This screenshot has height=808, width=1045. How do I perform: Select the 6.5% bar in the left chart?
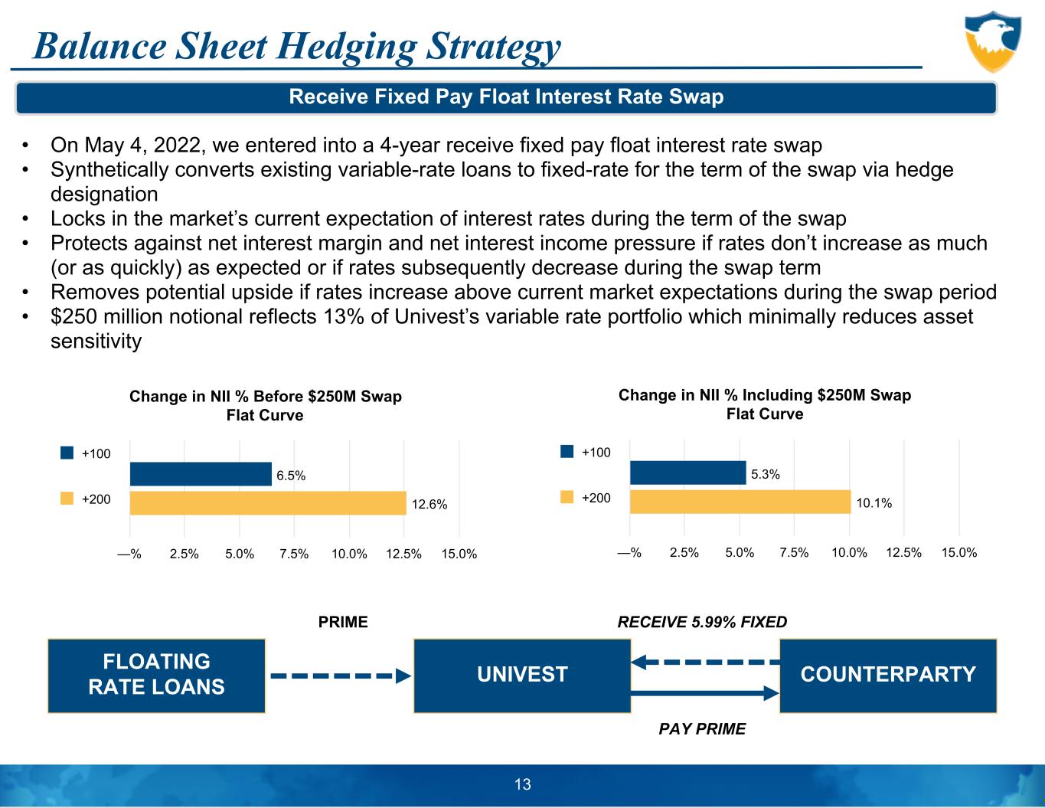(x=201, y=474)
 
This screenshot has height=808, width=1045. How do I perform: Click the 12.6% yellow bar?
(x=268, y=503)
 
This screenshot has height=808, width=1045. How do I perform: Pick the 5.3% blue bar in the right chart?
(x=687, y=473)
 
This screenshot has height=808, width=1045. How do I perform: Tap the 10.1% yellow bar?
(x=740, y=502)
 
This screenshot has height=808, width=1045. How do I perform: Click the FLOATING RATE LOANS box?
(x=157, y=675)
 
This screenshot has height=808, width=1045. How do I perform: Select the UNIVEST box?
(x=522, y=675)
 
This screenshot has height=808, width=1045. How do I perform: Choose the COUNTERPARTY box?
(x=888, y=675)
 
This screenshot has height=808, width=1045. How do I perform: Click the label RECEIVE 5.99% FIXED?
(x=702, y=622)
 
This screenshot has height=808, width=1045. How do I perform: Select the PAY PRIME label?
(x=702, y=729)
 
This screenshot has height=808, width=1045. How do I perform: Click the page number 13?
(x=523, y=784)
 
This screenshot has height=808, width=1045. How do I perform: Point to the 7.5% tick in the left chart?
(x=295, y=554)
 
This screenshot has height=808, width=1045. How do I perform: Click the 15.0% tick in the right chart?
(x=959, y=552)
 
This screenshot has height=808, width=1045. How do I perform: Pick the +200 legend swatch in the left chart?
(x=67, y=499)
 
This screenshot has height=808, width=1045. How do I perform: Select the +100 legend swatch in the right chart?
(x=567, y=452)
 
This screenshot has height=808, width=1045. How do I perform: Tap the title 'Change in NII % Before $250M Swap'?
(x=265, y=397)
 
